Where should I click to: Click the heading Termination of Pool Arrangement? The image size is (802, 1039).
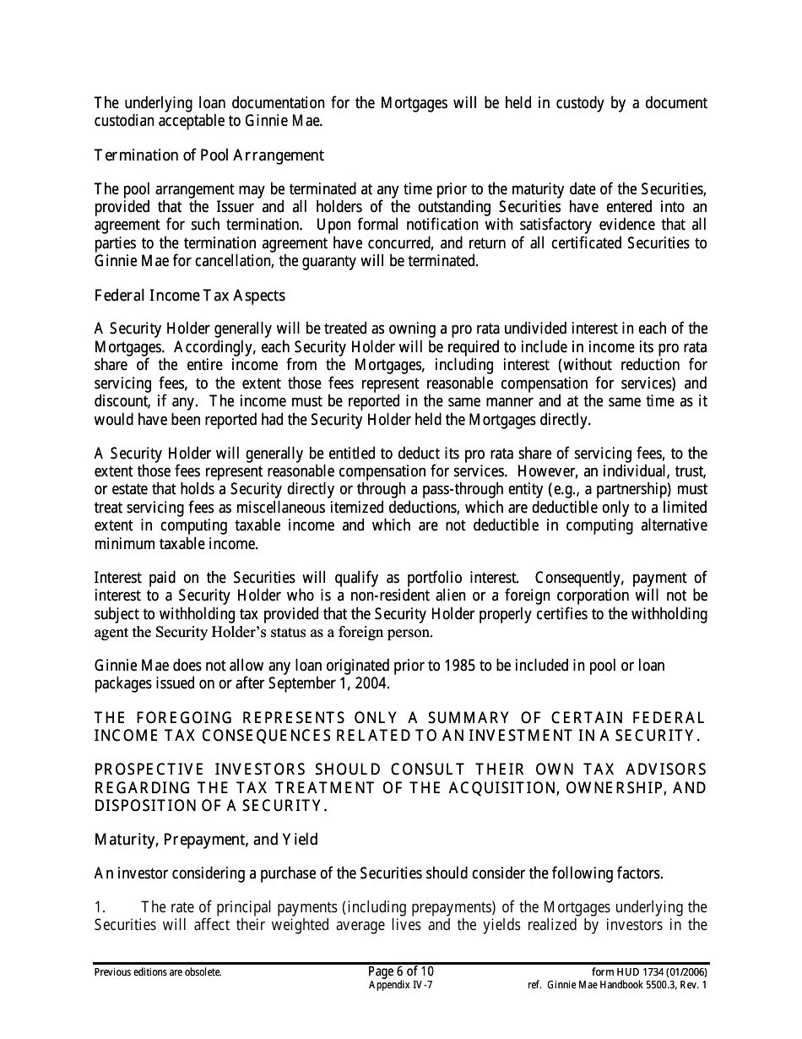209,155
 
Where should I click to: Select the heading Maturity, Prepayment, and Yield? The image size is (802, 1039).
206,840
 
